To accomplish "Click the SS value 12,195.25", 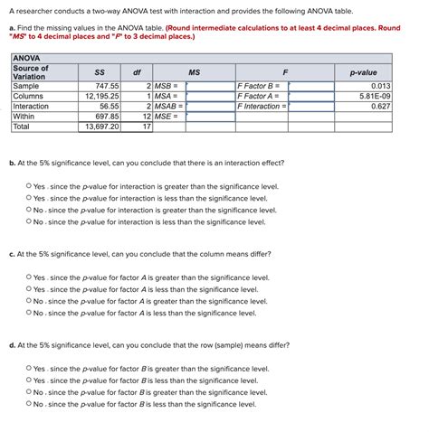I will (101, 95).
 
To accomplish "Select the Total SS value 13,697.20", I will (101, 127).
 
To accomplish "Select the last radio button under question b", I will (29, 221).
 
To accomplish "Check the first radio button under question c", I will (29, 277).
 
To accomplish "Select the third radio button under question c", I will (29, 301).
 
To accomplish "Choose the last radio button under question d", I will (29, 404).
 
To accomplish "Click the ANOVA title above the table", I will (26, 59).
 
